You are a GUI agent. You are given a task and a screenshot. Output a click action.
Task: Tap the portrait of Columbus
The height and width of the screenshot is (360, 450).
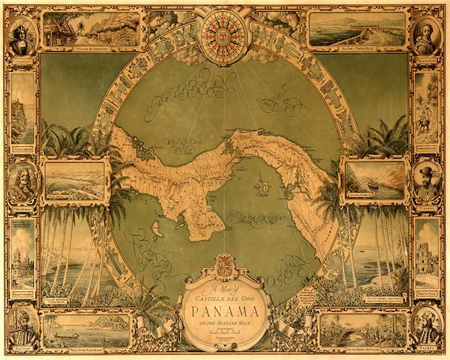click(x=21, y=35)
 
